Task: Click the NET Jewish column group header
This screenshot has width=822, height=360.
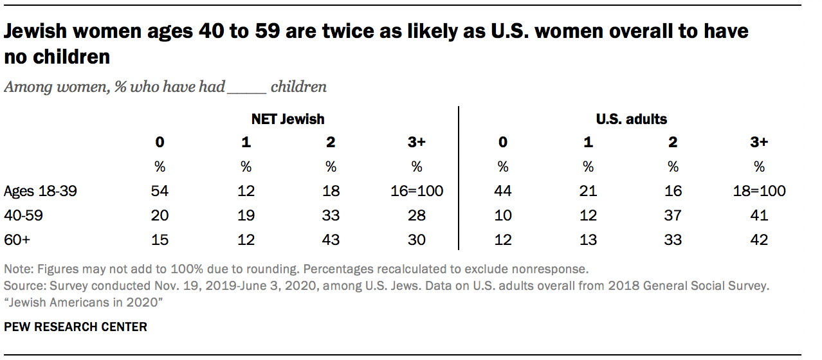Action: pos(288,119)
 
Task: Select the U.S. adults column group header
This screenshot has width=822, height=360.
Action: pos(630,119)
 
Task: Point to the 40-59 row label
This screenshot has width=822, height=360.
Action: pos(24,215)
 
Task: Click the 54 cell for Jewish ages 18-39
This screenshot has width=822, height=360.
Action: pos(160,191)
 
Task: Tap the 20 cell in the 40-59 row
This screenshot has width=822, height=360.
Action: pos(160,215)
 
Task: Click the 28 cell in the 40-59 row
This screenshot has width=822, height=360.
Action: pos(417,215)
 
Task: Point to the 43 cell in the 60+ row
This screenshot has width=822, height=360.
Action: pos(331,240)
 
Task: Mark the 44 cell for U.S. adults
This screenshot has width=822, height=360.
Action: pos(502,191)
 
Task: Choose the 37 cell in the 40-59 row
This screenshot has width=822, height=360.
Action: pos(673,215)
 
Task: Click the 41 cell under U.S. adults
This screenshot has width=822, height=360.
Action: pos(759,215)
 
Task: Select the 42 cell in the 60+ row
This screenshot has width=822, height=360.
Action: pos(759,240)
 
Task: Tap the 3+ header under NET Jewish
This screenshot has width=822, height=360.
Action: pos(417,142)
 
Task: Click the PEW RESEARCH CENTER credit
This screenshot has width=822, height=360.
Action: pos(76,327)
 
